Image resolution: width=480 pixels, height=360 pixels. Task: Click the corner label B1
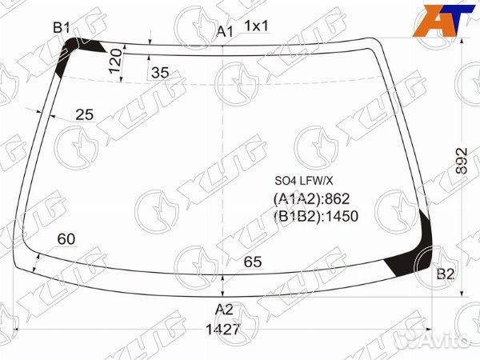click(62, 29)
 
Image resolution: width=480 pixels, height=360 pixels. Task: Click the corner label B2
click(446, 274)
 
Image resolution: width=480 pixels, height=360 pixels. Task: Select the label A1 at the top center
click(225, 31)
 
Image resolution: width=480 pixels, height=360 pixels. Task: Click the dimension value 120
click(116, 60)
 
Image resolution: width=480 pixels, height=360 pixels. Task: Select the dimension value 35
click(160, 73)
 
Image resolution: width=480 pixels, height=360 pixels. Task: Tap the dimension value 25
click(84, 115)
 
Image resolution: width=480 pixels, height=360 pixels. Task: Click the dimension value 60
click(67, 239)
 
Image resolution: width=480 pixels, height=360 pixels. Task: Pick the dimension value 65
click(253, 262)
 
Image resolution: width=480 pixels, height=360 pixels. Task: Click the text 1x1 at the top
click(256, 26)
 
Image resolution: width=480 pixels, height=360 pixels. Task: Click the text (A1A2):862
click(312, 198)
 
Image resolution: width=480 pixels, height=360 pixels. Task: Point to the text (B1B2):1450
click(316, 215)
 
